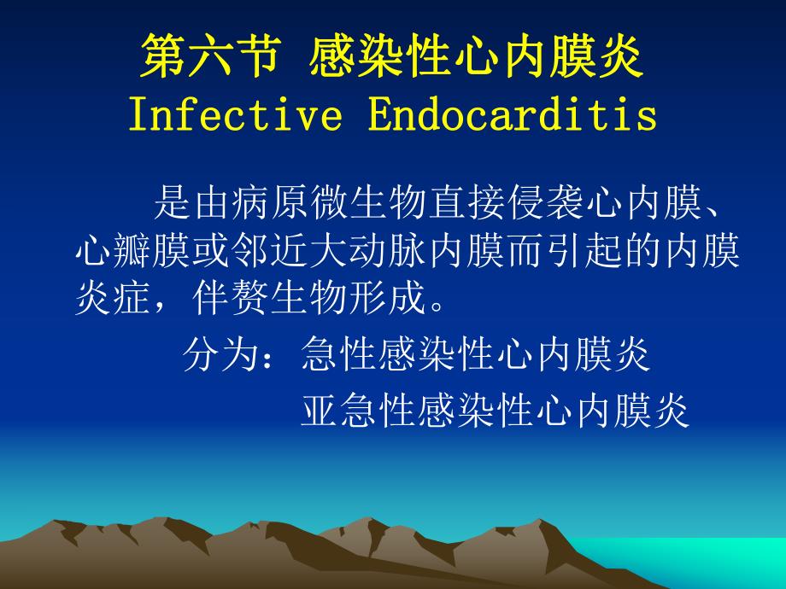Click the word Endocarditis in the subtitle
pos(513,116)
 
